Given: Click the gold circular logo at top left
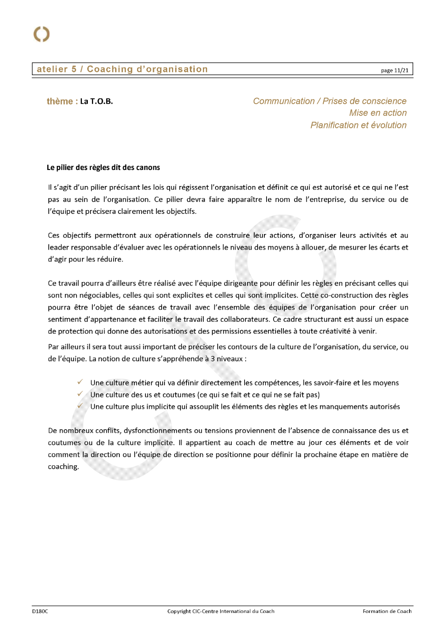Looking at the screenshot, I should (x=41, y=34).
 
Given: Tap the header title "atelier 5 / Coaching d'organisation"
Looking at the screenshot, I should (x=122, y=69).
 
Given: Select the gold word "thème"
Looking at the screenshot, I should (x=60, y=102).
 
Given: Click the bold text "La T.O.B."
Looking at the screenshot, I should (x=96, y=102).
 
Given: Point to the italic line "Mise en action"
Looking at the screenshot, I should (x=377, y=113).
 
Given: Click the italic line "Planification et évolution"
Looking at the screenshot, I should (x=358, y=125).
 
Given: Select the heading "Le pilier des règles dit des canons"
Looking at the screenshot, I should (x=103, y=168).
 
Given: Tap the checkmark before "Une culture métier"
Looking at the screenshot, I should (x=80, y=382).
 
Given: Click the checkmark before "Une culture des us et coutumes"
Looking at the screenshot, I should (x=80, y=394).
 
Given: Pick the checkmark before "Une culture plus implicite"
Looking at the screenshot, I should (x=80, y=406).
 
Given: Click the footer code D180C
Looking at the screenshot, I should (x=40, y=611).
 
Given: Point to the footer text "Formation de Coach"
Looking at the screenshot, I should (x=387, y=611).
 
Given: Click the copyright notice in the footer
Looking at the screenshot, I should (x=221, y=611).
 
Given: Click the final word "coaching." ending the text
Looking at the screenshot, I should (x=63, y=467).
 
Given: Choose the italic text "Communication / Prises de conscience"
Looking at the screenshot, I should (x=329, y=101).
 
